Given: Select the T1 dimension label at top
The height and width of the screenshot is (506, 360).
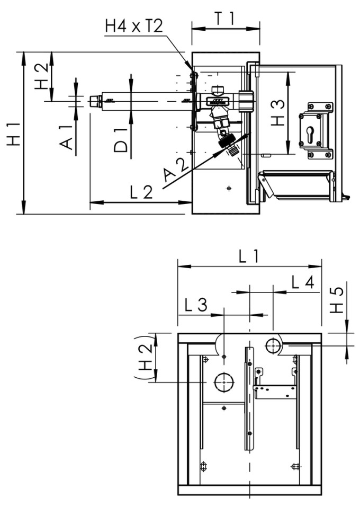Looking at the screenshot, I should pos(224,18).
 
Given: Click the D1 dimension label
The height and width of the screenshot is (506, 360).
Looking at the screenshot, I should pos(121,139).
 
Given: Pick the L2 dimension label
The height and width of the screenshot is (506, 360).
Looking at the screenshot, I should pos(141,191).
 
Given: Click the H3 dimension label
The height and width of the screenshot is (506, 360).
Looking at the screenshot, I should pos(277,113).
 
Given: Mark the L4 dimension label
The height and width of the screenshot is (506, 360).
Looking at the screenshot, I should pos(303,282).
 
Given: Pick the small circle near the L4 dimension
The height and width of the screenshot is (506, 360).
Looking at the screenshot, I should pos(273,346).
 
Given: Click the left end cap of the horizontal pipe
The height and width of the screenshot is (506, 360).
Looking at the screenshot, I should pos(96,101).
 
